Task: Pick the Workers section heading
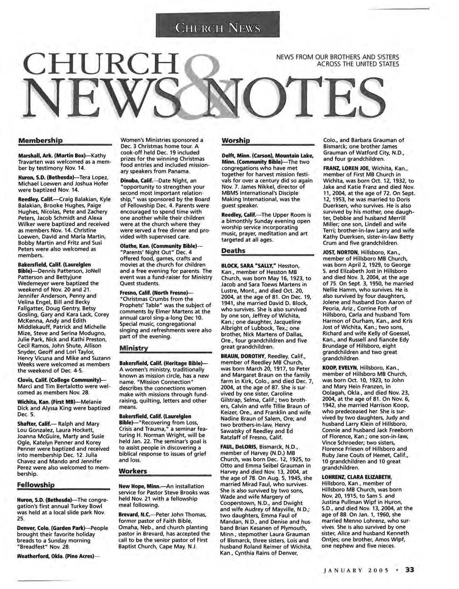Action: coord(133,471)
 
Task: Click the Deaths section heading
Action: coord(233,251)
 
